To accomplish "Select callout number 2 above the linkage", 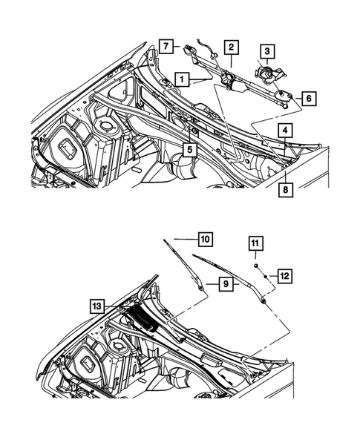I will pos(232,48).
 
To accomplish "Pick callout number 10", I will pos(205,239).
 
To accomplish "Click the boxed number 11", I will pos(255,243).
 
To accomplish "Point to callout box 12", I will pos(284,275).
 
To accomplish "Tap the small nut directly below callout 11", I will pos(255,265).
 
